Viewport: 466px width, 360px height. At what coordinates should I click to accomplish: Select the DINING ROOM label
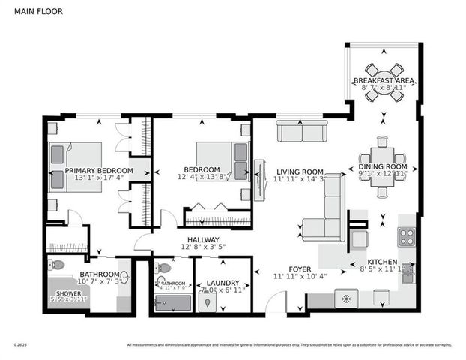pyautogui.click(x=382, y=166)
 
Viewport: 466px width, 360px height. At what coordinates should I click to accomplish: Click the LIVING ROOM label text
pyautogui.click(x=298, y=171)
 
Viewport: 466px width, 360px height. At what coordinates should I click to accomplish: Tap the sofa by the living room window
pyautogui.click(x=302, y=133)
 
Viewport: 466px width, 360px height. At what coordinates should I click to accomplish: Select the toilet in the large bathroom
pyautogui.click(x=57, y=265)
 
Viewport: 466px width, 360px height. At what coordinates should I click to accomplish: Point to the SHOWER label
pyautogui.click(x=67, y=292)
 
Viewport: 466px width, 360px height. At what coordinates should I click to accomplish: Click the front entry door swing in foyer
pyautogui.click(x=276, y=302)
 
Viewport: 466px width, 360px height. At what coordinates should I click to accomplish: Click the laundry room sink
pyautogui.click(x=208, y=304)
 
